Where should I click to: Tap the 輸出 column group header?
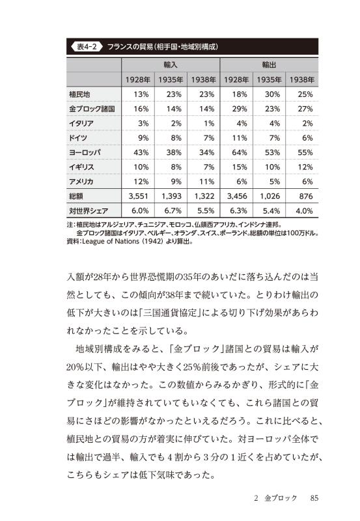pyautogui.click(x=270, y=65)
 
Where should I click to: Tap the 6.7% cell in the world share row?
pyautogui.click(x=173, y=211)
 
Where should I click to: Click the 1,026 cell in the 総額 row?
pyautogui.click(x=270, y=195)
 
